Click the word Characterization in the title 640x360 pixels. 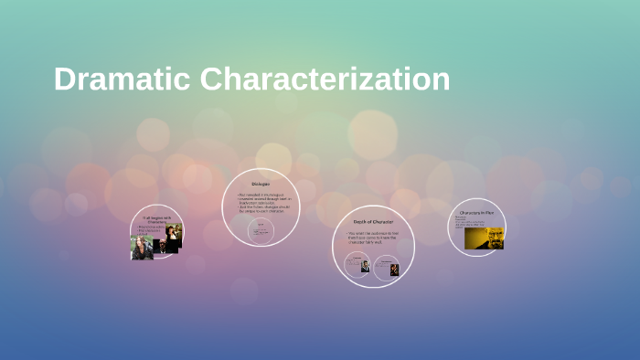click(325, 79)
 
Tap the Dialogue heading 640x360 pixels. click(260, 184)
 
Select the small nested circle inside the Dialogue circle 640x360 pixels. click(261, 229)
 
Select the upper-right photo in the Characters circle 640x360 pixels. click(174, 231)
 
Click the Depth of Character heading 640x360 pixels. click(373, 221)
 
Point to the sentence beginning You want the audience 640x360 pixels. click(373, 238)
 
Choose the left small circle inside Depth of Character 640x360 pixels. click(357, 266)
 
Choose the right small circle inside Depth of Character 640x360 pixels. click(387, 268)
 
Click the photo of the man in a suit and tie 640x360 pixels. click(364, 267)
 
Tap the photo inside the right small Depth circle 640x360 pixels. click(394, 270)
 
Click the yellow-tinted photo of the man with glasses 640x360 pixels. click(484, 238)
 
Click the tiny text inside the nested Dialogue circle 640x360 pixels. click(261, 231)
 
